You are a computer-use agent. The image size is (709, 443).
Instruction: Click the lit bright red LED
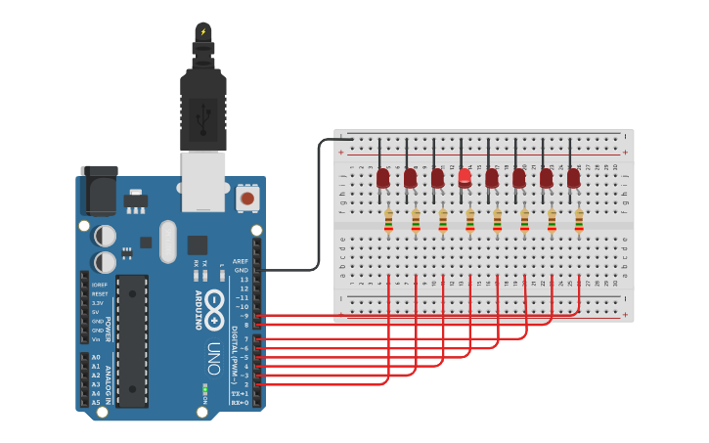point(465,177)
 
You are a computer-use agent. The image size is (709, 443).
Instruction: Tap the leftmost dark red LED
point(383,177)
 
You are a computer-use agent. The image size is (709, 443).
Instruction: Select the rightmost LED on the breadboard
point(573,177)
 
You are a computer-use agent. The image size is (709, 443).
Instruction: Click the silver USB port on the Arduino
point(202,181)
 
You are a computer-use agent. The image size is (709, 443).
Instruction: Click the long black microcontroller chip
point(132,340)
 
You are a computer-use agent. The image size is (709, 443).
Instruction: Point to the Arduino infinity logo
point(214,302)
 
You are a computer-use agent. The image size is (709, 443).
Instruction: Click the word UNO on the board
point(213,357)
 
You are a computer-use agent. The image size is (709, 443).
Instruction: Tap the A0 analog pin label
point(96,357)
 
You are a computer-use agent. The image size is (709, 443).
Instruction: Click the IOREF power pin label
point(99,285)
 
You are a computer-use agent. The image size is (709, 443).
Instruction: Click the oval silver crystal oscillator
point(167,240)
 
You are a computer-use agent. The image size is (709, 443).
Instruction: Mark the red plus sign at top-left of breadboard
point(341,153)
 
